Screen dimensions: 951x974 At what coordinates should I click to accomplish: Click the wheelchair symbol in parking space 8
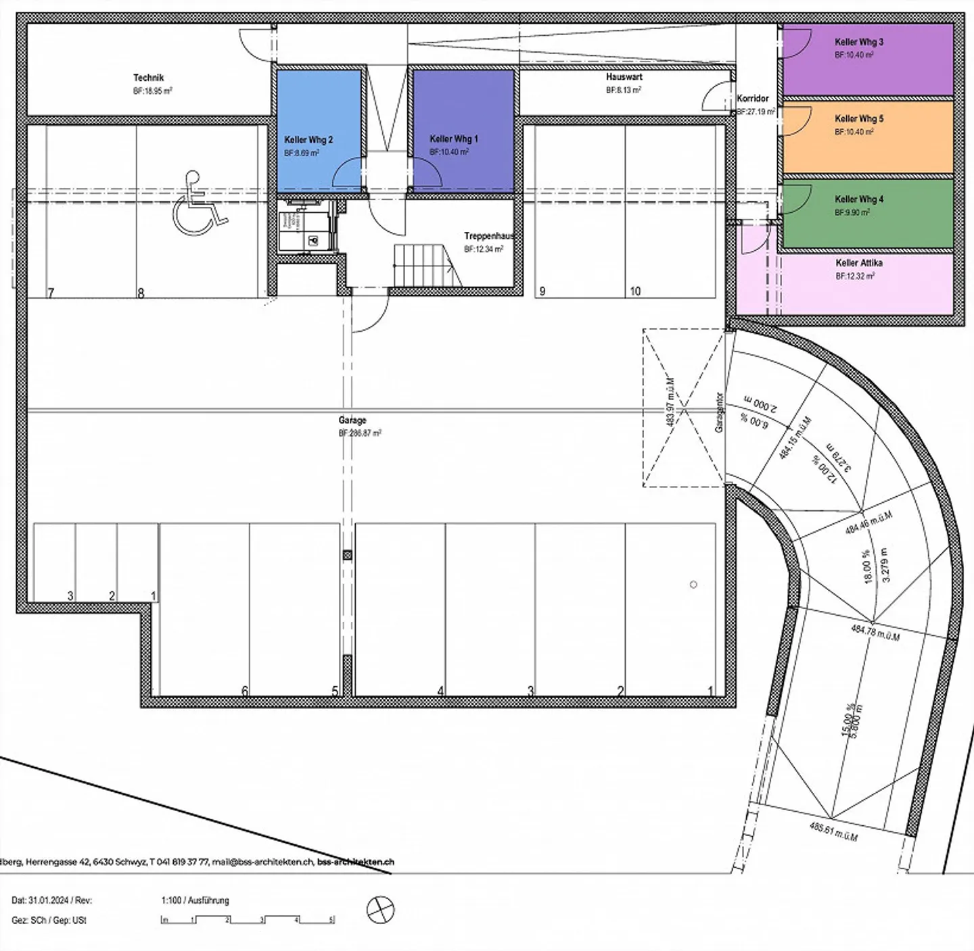point(199,203)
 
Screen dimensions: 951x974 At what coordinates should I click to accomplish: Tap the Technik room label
point(148,78)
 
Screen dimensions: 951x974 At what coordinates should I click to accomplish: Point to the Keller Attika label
point(858,263)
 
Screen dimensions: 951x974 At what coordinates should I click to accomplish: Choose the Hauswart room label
point(624,77)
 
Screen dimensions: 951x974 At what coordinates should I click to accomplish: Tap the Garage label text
point(352,420)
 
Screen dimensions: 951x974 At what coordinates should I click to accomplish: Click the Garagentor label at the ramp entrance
point(719,412)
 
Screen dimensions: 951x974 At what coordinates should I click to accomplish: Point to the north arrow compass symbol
point(380,910)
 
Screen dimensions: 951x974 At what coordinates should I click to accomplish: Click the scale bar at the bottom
point(248,920)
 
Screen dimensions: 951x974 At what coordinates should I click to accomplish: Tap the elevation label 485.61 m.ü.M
point(833,831)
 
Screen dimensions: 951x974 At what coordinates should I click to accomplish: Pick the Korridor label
point(752,99)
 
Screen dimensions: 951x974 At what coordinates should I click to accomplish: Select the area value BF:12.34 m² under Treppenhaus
point(483,249)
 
